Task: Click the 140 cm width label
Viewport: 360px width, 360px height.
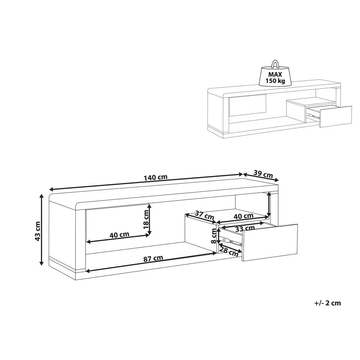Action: [155, 177]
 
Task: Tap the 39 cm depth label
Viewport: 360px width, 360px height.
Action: [263, 174]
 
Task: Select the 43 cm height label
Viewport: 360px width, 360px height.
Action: [37, 231]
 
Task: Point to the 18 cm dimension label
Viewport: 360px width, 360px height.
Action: [146, 219]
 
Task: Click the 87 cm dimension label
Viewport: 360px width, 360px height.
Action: [153, 258]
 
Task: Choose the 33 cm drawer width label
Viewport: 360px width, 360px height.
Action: [245, 228]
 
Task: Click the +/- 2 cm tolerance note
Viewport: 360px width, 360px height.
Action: [328, 303]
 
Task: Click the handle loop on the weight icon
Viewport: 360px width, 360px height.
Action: [275, 64]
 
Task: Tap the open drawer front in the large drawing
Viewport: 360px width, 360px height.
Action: [270, 243]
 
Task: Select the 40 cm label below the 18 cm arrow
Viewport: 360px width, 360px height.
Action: [119, 235]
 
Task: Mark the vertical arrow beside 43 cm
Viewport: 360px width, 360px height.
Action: [42, 229]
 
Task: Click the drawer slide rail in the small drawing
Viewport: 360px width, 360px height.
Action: [313, 115]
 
